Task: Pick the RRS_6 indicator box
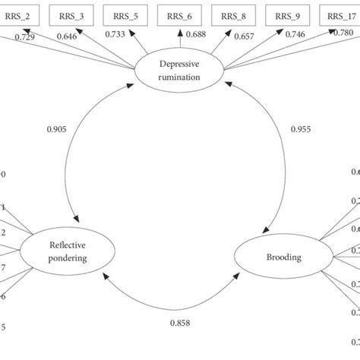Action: click(178, 14)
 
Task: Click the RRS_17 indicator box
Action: click(339, 14)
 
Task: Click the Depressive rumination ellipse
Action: click(178, 71)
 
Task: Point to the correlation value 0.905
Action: click(55, 129)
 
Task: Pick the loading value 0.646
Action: click(65, 37)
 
